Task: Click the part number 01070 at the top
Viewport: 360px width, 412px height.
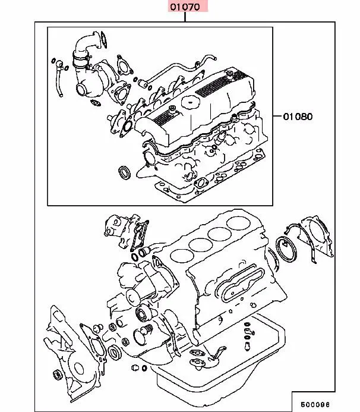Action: [x=185, y=7]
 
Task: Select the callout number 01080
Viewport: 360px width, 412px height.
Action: [x=296, y=116]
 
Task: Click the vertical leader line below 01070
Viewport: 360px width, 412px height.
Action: [x=185, y=17]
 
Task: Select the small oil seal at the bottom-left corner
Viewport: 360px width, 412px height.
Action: [x=57, y=375]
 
